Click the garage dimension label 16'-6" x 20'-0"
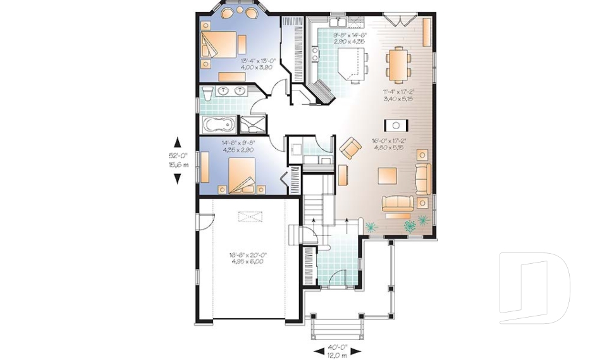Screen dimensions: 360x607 tap(248, 259)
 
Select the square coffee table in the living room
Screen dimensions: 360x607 tap(387, 175)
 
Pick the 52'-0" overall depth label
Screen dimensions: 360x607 tap(177, 159)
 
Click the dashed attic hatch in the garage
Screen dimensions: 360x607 tap(251, 217)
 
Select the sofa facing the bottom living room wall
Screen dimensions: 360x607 tap(396, 203)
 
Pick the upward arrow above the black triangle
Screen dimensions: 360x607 tap(178, 142)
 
